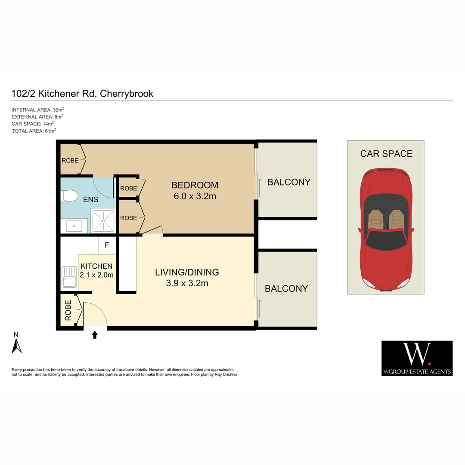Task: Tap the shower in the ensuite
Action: click(103, 220)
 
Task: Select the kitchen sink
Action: click(69, 277)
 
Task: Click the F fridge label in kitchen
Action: click(107, 246)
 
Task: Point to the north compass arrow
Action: click(16, 345)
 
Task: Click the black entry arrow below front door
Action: click(95, 335)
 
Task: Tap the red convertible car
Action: click(386, 229)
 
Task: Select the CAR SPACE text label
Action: click(386, 154)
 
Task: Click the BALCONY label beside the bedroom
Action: click(288, 182)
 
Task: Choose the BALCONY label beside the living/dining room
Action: click(286, 288)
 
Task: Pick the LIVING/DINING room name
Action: click(187, 272)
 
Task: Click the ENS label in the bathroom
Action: click(91, 199)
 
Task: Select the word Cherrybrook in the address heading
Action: click(127, 93)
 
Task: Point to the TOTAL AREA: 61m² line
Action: click(34, 130)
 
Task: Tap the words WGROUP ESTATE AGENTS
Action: click(417, 372)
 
